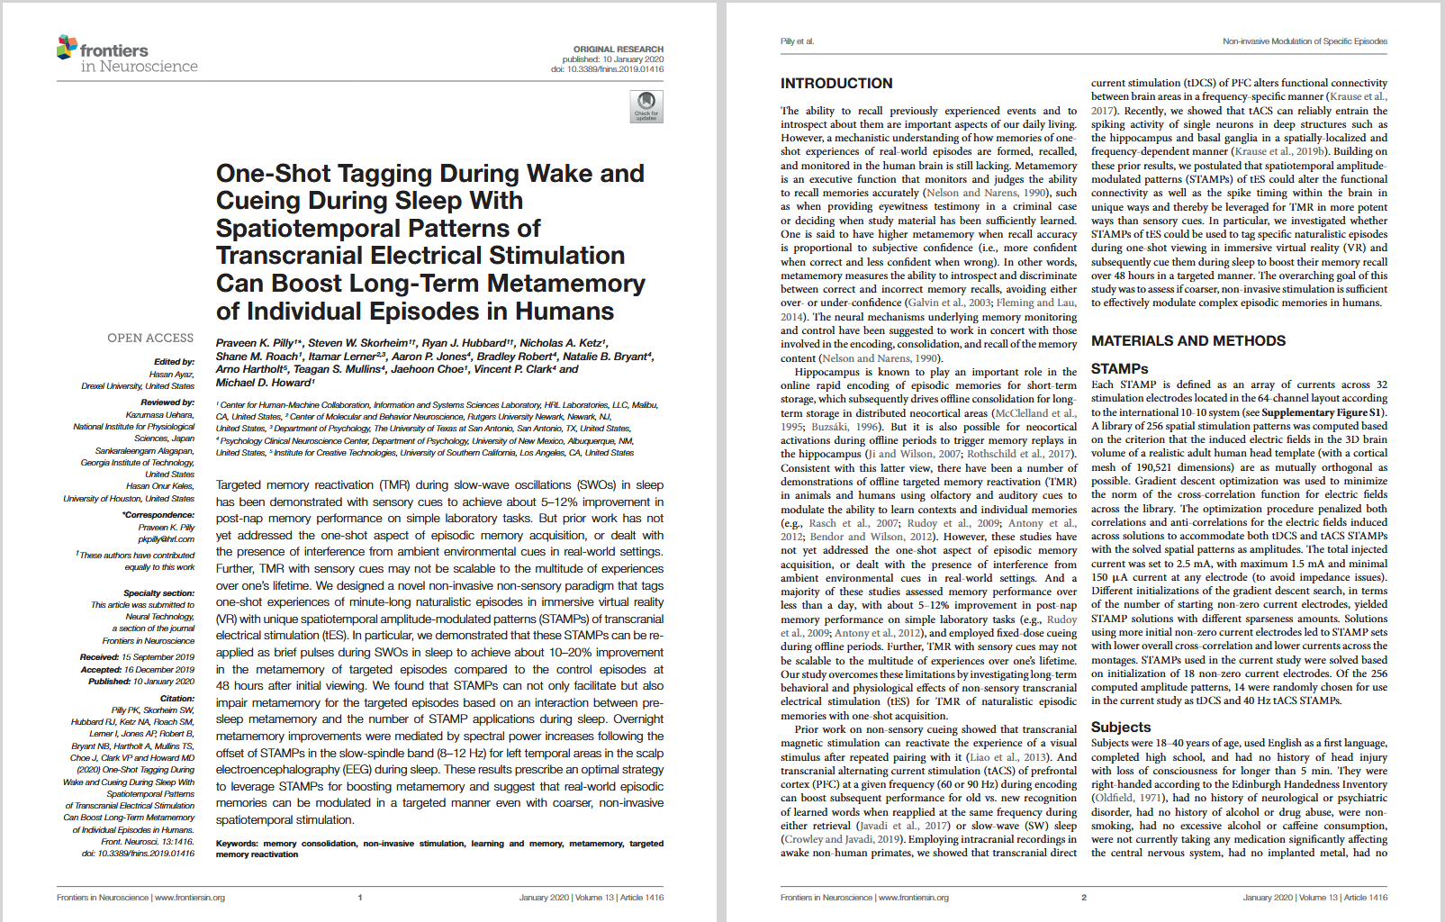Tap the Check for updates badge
point(646,106)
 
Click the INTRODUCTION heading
point(836,84)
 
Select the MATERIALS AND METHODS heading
point(1188,341)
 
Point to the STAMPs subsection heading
point(1119,369)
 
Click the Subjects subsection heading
point(1121,728)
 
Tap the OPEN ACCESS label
point(150,339)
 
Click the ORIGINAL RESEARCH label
point(619,50)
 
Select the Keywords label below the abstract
point(237,844)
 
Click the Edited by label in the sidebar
point(174,362)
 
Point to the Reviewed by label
point(167,402)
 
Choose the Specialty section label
point(158,593)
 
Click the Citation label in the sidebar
point(177,699)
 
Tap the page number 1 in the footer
point(360,898)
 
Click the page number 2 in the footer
point(1084,898)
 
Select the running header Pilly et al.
point(797,41)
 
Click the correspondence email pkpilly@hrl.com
point(166,539)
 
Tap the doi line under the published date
point(607,69)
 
